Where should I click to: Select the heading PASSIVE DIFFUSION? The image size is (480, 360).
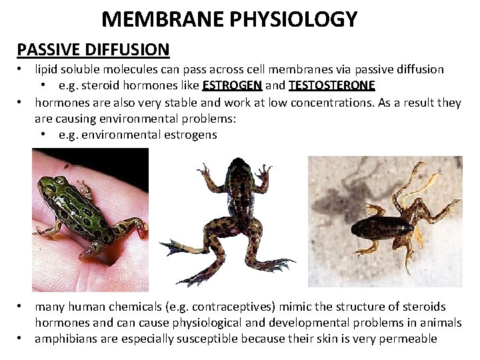(x=93, y=49)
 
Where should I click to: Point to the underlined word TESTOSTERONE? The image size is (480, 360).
(x=332, y=85)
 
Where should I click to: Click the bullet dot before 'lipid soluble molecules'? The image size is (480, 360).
(x=22, y=69)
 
